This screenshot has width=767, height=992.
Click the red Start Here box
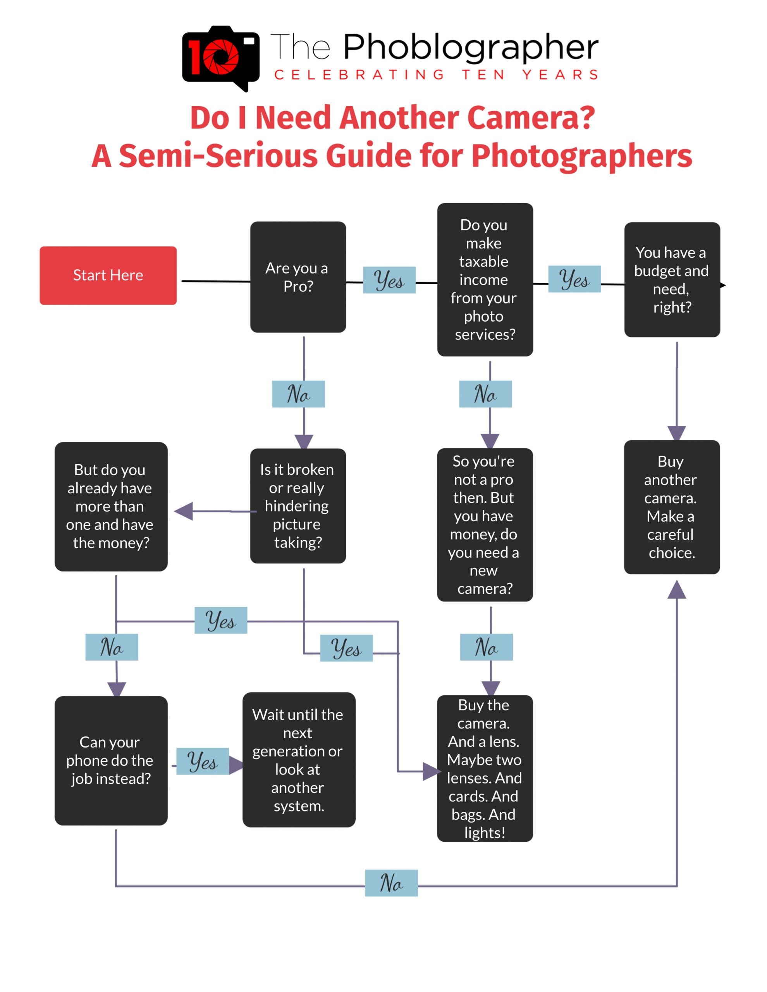point(108,275)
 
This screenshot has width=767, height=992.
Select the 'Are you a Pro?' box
point(298,277)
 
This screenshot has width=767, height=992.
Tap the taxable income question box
point(485,279)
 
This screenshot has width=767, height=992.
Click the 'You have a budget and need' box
point(672,279)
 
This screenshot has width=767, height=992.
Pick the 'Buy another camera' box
point(672,507)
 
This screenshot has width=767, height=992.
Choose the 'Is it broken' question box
point(298,506)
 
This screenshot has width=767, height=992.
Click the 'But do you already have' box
point(111,506)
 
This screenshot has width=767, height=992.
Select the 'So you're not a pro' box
point(485,525)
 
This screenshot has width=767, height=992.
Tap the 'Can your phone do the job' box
point(111,760)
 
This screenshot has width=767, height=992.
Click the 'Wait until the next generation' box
point(299,759)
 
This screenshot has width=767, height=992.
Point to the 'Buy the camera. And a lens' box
point(485,768)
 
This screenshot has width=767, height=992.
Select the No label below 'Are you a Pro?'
point(298,394)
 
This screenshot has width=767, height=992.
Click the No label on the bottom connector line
point(391,883)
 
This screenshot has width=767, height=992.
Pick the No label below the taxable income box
point(485,394)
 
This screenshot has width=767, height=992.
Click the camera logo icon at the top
point(221,57)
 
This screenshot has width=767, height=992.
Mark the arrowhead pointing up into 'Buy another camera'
point(677,589)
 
